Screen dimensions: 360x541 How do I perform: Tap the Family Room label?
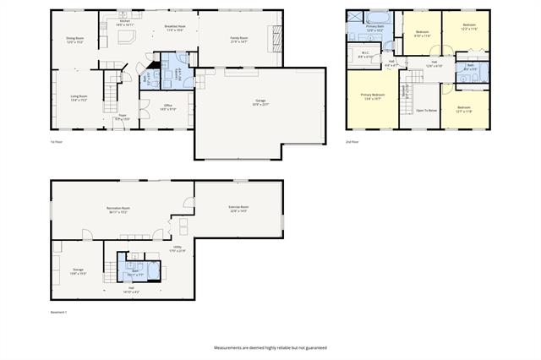click(x=239, y=39)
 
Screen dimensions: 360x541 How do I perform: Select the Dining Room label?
click(x=74, y=39)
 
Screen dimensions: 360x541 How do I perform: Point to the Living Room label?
click(x=79, y=97)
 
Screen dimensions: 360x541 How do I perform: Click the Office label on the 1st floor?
click(x=167, y=106)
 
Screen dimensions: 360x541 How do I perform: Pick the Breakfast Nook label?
click(x=176, y=27)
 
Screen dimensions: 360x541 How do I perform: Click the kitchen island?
click(x=127, y=39)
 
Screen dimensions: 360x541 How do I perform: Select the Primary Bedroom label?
click(x=373, y=95)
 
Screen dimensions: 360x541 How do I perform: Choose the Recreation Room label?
click(x=117, y=209)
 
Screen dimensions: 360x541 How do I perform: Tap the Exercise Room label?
click(x=238, y=208)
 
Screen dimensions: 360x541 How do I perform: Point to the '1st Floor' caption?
click(x=56, y=142)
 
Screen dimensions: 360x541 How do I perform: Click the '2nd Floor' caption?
click(x=352, y=142)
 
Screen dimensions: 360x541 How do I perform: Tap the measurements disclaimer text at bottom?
click(x=270, y=348)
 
